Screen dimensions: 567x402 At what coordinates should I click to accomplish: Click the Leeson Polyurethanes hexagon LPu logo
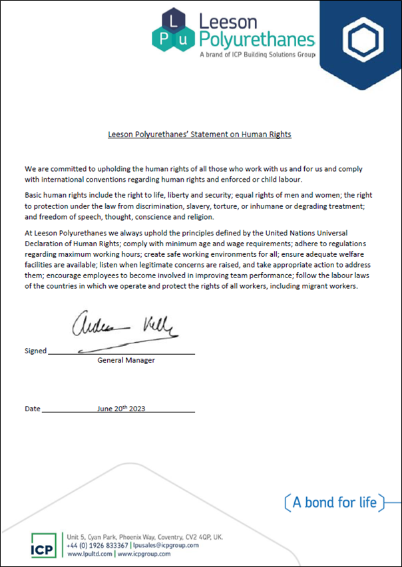173,30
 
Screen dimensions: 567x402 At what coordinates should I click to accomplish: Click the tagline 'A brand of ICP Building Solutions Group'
257,55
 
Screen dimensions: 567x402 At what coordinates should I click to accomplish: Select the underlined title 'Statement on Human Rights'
200,134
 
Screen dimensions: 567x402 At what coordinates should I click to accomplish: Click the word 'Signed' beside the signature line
35,351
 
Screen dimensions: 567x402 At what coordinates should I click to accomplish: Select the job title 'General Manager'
126,360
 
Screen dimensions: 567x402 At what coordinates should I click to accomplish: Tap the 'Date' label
33,409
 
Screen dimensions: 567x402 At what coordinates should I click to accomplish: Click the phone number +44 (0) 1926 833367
98,545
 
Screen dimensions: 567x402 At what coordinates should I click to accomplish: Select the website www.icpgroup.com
144,553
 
